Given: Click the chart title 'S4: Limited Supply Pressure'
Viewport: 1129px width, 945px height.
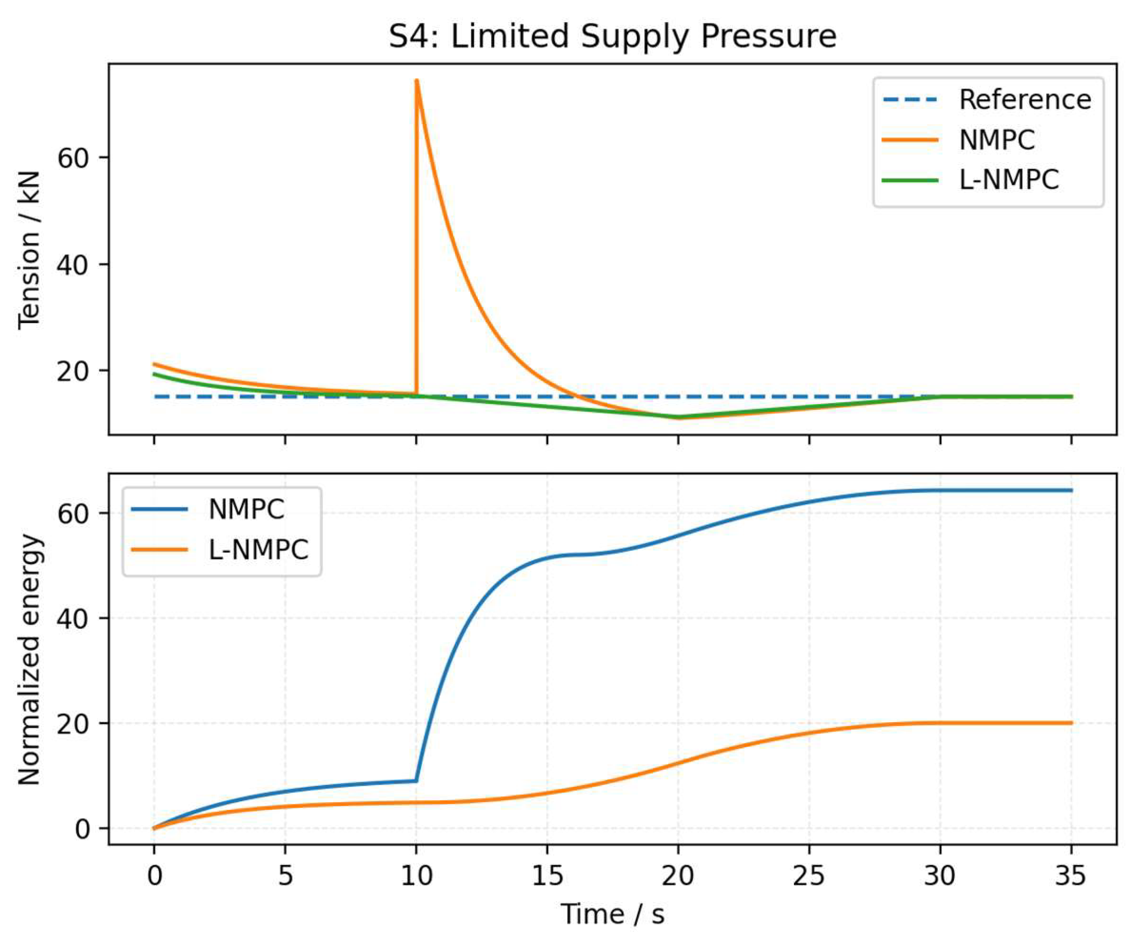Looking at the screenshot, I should tap(613, 37).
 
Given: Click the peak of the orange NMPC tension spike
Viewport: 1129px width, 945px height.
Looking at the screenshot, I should tap(417, 81).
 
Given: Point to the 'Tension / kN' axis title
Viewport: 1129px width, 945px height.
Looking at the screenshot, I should tap(29, 250).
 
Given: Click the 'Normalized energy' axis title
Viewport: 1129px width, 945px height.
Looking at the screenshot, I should tap(29, 659).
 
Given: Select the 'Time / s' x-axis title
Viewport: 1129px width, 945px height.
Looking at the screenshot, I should tap(613, 914).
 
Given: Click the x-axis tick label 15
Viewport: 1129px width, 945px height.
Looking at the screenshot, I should tap(547, 876).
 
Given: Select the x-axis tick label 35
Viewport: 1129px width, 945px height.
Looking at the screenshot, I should tap(1071, 876).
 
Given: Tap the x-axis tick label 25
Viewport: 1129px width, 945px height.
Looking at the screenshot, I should tap(809, 876).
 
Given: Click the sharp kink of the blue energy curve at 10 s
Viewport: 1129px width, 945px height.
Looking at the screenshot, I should tap(416, 780).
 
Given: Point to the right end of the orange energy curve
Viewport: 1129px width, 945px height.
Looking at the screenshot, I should tap(1071, 723).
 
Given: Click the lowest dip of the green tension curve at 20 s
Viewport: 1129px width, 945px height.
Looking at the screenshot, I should tap(678, 417).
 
